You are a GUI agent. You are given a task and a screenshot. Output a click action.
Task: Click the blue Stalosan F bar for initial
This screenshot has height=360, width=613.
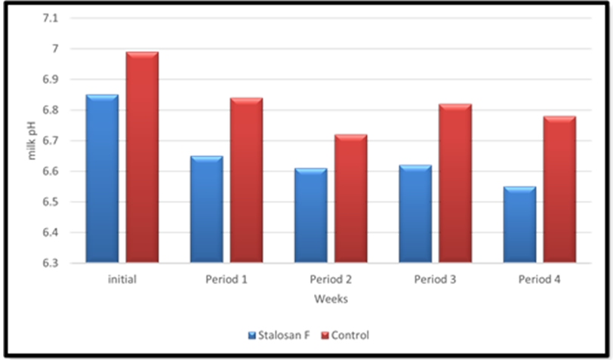102,179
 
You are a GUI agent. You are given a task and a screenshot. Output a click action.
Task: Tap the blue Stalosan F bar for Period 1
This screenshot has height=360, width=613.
206,209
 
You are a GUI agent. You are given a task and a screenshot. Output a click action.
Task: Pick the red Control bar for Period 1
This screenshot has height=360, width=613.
246,180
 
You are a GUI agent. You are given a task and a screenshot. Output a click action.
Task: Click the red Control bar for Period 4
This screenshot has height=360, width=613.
559,189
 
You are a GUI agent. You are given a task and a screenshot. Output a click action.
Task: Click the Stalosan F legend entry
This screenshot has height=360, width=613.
279,335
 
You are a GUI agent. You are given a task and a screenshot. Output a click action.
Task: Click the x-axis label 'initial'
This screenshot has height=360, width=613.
122,279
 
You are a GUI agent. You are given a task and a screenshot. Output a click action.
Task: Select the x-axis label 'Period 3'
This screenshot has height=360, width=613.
435,279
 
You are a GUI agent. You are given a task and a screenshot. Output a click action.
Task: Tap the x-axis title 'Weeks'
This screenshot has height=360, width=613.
331,300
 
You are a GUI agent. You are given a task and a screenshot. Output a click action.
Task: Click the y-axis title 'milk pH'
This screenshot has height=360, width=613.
32,141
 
